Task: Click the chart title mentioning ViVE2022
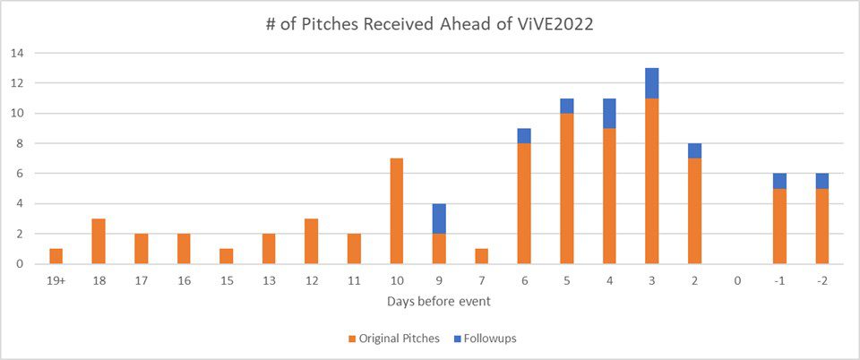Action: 429,26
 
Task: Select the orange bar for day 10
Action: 397,211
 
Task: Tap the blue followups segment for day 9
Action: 439,219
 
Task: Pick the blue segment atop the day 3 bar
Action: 652,83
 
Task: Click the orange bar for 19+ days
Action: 56,256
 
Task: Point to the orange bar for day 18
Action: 99,241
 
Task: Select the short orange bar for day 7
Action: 482,256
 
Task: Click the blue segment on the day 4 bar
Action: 609,114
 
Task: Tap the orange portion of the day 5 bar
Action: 566,188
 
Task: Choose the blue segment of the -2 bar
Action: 822,181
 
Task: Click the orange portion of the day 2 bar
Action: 695,211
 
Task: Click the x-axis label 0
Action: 737,281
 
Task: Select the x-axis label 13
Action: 269,281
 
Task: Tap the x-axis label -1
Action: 780,281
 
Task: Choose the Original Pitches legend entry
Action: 395,339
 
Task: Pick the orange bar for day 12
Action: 312,241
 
